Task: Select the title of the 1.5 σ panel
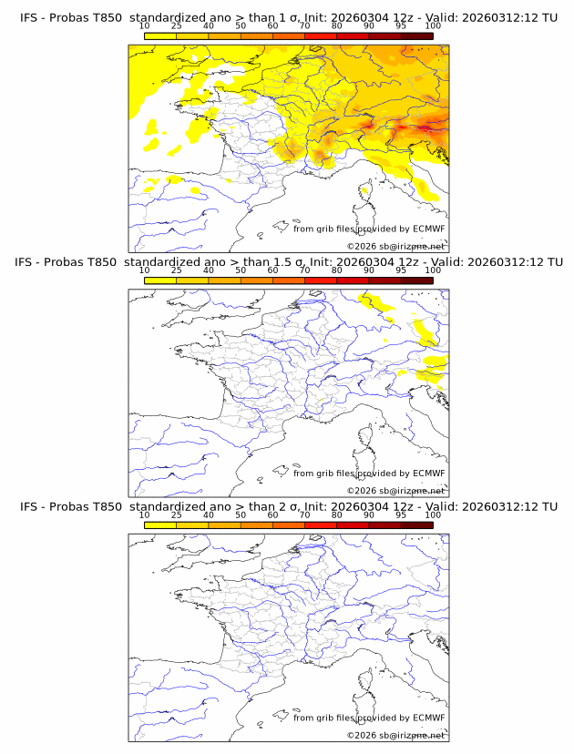pos(288,262)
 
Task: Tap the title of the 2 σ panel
pos(288,506)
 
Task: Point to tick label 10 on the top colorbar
pos(144,26)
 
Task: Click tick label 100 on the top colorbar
pos(433,26)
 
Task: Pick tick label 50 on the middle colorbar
pos(241,270)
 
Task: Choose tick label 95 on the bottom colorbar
pos(401,515)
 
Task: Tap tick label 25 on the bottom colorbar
pos(176,515)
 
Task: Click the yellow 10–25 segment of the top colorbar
pos(160,36)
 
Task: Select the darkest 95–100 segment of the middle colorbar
pos(416,280)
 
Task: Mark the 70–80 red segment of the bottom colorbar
pos(320,525)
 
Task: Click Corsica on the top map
pos(365,194)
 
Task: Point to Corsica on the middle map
pos(365,438)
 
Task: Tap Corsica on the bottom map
pos(365,682)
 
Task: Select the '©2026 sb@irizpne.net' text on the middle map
pos(395,490)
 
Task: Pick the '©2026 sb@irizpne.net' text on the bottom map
pos(395,734)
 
